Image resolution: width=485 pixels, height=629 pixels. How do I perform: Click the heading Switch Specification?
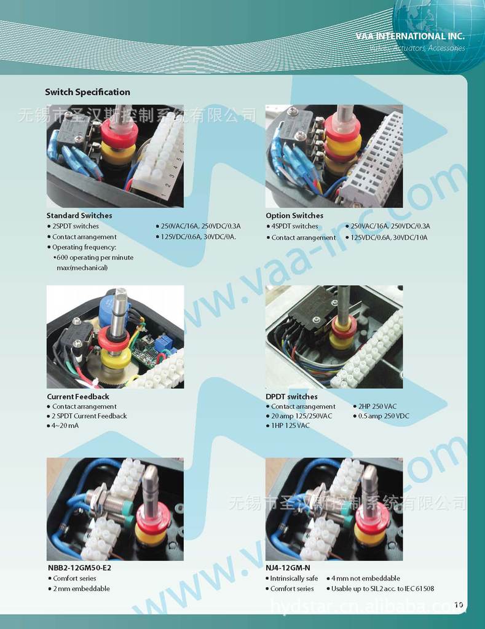87,92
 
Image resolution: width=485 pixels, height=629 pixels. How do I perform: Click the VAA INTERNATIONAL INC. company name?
410,36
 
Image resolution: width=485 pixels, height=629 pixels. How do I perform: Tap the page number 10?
459,604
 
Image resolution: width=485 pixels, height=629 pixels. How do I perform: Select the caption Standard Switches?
79,215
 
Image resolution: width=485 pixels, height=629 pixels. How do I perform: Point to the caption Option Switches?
294,215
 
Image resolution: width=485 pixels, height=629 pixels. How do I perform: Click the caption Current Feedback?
78,397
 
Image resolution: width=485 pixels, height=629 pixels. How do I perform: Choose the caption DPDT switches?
291,397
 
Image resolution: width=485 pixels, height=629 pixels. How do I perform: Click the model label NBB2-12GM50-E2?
79,568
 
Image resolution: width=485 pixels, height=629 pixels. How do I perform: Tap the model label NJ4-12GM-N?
288,568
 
